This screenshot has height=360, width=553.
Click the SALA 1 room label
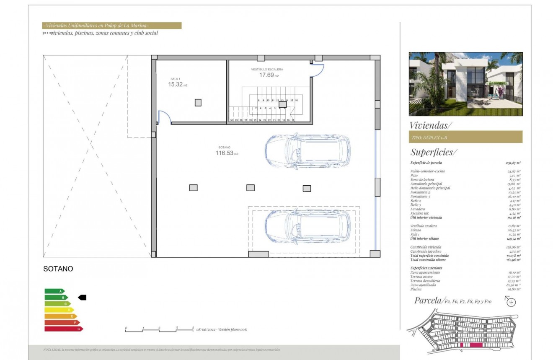point(175,79)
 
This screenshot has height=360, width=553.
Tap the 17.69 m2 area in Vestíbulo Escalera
point(269,75)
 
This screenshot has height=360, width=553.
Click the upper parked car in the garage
point(308,150)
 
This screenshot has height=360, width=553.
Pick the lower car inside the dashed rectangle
point(308,226)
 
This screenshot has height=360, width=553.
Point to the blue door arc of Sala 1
point(165,117)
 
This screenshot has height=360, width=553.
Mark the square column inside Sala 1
point(198,102)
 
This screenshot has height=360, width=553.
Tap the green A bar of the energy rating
point(54,291)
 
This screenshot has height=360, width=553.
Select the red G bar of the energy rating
point(63,329)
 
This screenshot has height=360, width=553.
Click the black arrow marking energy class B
point(82,298)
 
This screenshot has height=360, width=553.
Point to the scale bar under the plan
point(159,330)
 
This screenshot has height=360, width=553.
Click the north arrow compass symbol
point(511,301)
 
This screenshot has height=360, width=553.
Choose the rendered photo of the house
point(465,84)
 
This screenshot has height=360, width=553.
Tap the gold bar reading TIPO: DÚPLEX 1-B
point(465,137)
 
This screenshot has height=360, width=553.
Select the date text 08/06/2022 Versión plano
point(222,330)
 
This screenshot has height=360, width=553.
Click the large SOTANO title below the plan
point(58,269)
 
